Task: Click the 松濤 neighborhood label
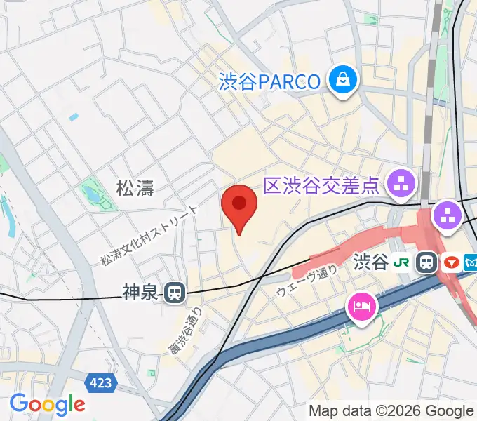135,187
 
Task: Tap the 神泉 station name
139,292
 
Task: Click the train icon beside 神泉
175,293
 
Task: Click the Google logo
47,404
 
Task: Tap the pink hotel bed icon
362,306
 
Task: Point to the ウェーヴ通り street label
307,281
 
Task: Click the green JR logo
401,262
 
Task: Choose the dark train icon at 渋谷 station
426,263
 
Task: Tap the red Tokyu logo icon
451,263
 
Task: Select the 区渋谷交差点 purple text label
321,186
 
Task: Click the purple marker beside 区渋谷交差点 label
403,185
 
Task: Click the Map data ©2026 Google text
391,411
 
